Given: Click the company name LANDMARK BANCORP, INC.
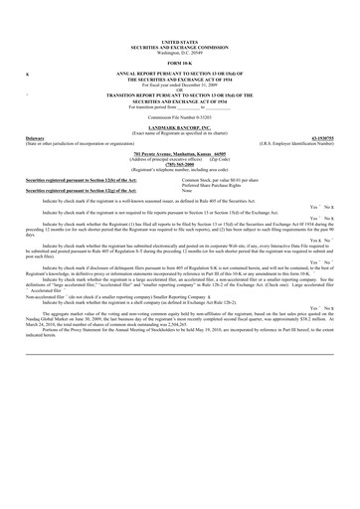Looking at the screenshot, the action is [179, 128].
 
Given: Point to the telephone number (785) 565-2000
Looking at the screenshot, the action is [179, 163].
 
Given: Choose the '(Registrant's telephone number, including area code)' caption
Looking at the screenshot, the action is [179, 168].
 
